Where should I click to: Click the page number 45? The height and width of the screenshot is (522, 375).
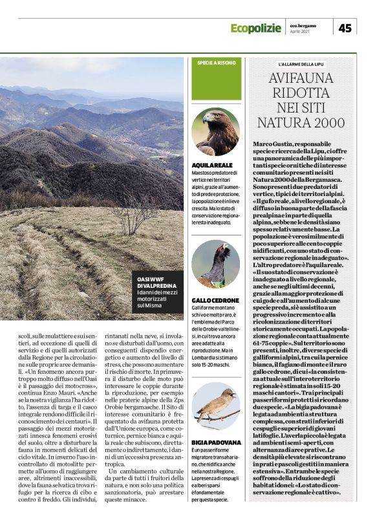[x=345, y=28]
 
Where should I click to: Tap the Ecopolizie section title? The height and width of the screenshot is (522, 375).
[x=257, y=28]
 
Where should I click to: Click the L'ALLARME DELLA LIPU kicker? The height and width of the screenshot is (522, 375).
[x=301, y=65]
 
